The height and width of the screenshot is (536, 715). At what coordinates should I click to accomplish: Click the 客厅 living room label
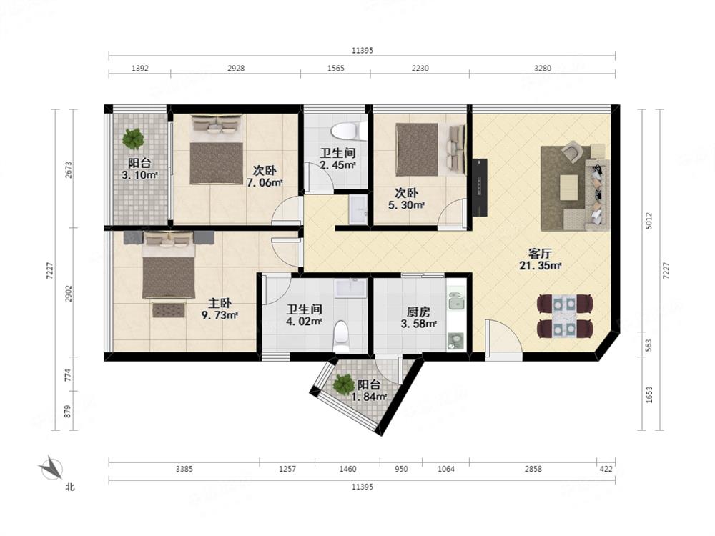tap(540, 253)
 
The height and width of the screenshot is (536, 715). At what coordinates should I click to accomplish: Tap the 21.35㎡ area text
tap(540, 265)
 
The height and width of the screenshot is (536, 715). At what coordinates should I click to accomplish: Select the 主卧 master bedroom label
tap(220, 303)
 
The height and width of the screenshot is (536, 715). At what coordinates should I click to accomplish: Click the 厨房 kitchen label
tap(418, 312)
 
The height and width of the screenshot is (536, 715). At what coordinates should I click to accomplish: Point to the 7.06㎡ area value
tap(265, 183)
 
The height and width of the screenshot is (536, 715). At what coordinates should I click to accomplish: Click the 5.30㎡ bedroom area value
tap(406, 205)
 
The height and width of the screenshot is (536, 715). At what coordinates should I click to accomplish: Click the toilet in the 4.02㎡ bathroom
tap(341, 337)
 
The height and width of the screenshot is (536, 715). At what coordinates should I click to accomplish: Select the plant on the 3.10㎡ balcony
tap(133, 139)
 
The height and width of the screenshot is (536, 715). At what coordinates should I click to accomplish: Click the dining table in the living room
tap(566, 316)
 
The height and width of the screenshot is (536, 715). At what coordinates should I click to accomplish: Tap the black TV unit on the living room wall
tap(480, 187)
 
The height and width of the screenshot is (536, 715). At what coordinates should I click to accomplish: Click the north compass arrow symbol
tap(51, 468)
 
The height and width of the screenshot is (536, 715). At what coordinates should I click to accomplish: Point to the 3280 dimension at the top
tap(542, 69)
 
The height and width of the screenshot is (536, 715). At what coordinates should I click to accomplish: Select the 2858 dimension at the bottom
tap(533, 469)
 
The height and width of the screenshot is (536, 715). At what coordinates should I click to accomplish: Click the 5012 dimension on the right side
tap(649, 221)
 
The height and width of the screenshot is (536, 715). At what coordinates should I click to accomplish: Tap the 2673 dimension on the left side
tap(69, 169)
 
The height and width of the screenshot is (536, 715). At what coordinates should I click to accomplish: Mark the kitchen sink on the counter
tap(455, 302)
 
